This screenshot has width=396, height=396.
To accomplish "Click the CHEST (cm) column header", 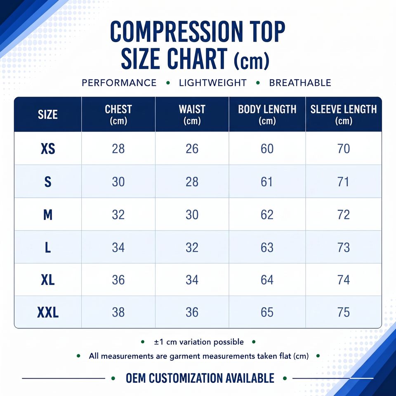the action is pyautogui.click(x=118, y=115).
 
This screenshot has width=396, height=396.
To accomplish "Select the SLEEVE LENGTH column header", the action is pyautogui.click(x=344, y=115).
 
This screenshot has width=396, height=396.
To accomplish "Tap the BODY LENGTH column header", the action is pyautogui.click(x=267, y=115).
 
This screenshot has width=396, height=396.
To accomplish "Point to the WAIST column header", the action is pyautogui.click(x=192, y=115).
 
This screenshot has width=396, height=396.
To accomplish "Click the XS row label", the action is pyautogui.click(x=48, y=148).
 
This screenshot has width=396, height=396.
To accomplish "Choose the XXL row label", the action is pyautogui.click(x=48, y=312).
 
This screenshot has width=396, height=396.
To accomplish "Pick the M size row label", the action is pyautogui.click(x=48, y=215).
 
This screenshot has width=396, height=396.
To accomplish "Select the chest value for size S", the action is pyautogui.click(x=118, y=182).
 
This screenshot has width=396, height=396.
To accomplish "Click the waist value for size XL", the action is pyautogui.click(x=192, y=280).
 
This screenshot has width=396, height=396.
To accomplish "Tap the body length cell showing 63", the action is pyautogui.click(x=267, y=247).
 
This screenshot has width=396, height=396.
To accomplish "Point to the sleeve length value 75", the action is pyautogui.click(x=344, y=312).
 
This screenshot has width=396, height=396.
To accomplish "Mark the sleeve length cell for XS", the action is pyautogui.click(x=344, y=148).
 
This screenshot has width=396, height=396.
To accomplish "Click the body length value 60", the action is pyautogui.click(x=267, y=148).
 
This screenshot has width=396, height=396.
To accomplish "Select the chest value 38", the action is pyautogui.click(x=118, y=312).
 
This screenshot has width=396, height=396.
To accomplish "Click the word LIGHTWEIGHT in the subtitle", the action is pyautogui.click(x=213, y=83).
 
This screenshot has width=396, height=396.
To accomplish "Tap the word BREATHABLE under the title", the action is pyautogui.click(x=300, y=83).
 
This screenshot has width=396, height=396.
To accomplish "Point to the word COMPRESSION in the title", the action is pyautogui.click(x=177, y=32).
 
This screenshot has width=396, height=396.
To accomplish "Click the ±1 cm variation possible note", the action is pyautogui.click(x=199, y=342).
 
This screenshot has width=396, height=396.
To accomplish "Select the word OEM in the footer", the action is pyautogui.click(x=135, y=378).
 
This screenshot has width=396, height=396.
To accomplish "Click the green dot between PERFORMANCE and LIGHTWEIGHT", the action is pyautogui.click(x=168, y=83).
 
